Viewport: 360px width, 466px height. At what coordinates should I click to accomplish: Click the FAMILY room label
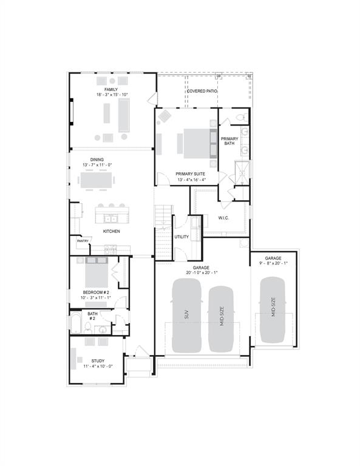[110, 89]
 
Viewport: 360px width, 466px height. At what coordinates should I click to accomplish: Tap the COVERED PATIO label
[202, 92]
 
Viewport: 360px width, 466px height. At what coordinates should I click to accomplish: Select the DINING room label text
[97, 160]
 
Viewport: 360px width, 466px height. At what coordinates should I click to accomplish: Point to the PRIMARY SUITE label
[191, 174]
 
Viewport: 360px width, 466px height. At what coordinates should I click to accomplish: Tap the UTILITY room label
[182, 237]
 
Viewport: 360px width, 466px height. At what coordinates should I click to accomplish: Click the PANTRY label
[83, 241]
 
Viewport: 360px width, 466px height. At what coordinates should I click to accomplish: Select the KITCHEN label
[111, 231]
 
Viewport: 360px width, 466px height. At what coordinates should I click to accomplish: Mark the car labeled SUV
[187, 316]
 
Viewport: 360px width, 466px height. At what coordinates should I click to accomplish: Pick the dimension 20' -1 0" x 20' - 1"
[202, 272]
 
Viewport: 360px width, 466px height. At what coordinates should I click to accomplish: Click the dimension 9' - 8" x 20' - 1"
[273, 263]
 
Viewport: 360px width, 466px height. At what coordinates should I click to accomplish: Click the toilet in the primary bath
[239, 116]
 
